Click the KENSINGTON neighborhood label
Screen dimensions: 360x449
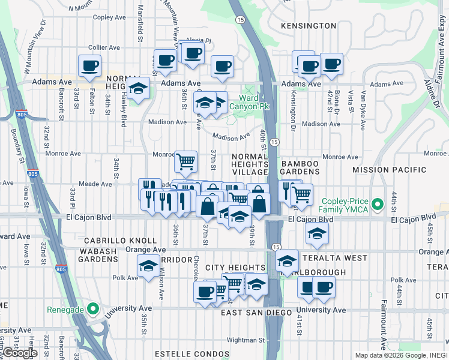tap(308, 26)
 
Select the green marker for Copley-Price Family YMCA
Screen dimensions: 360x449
tap(378, 205)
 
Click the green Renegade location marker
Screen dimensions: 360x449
tap(92, 310)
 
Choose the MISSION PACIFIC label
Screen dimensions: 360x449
tap(390, 170)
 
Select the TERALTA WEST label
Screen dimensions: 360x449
tap(330, 257)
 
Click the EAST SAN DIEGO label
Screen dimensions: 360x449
tap(256, 313)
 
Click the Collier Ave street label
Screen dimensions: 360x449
tap(105, 47)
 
